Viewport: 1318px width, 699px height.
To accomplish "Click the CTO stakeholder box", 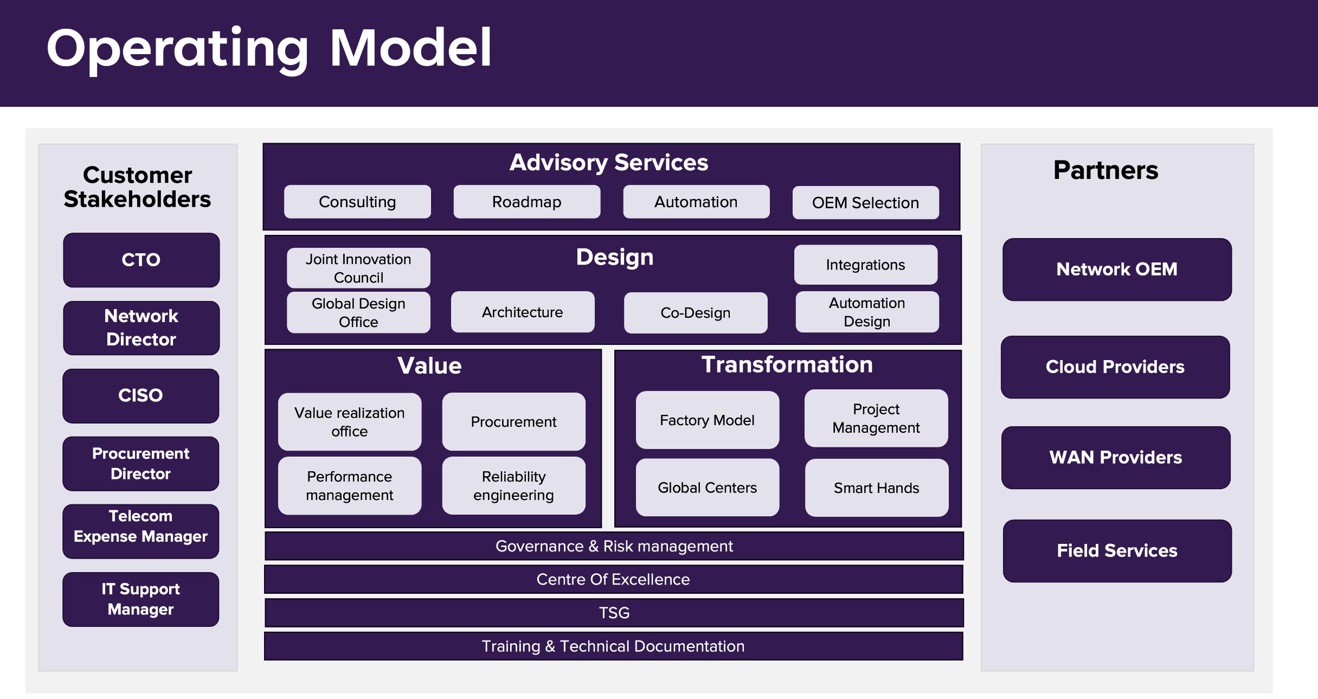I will point(141,260).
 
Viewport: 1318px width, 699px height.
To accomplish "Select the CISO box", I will point(140,395).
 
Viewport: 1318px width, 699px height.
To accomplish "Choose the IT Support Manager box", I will point(140,599).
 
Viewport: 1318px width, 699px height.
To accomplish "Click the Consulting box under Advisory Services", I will point(357,202).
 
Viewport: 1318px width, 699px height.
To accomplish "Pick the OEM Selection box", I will point(865,202).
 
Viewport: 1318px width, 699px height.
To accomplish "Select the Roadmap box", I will point(526,202).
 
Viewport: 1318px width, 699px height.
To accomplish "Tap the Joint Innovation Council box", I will point(358,268).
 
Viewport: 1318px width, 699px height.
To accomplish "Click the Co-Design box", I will point(696,312).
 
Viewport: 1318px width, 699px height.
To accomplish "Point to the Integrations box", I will point(865,265).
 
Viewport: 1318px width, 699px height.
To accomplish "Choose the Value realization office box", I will point(350,421).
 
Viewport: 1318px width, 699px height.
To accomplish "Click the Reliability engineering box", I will point(513,485).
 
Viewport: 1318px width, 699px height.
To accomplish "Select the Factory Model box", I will point(707,420).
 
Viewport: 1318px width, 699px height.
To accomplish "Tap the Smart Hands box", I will point(876,488).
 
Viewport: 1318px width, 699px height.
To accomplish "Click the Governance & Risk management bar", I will point(614,546).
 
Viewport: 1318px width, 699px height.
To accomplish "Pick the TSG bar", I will point(614,613).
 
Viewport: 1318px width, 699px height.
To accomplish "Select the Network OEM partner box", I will point(1117,269).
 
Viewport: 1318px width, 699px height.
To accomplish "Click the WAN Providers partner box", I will point(1116,457).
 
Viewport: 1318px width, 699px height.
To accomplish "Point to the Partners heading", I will point(1105,170).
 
